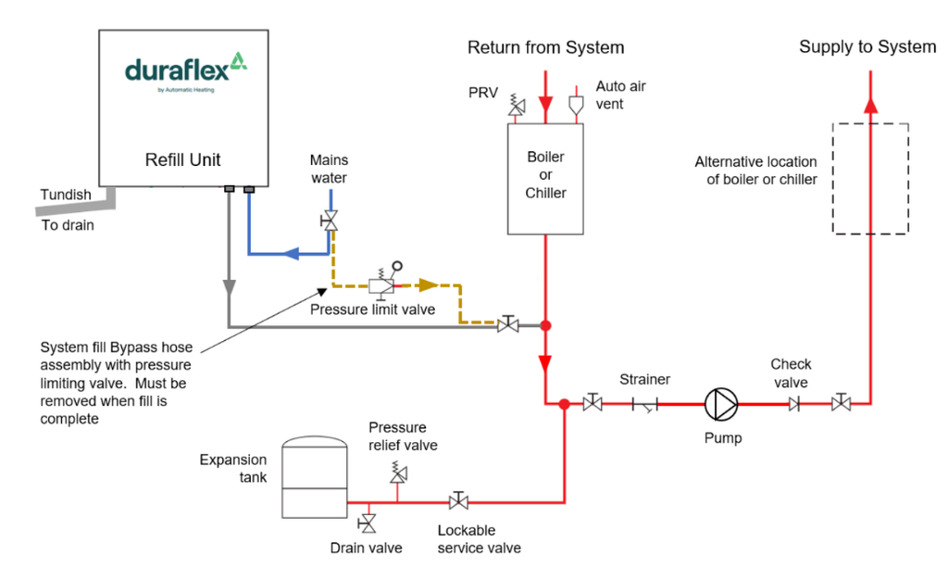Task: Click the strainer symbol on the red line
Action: click(x=645, y=404)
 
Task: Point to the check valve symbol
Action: click(x=793, y=404)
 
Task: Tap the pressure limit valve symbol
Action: click(x=382, y=284)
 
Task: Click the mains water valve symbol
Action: click(x=331, y=221)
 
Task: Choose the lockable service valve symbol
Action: click(x=457, y=501)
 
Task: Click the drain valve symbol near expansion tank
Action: click(x=368, y=524)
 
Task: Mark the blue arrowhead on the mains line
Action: click(x=292, y=252)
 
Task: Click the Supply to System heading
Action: click(x=867, y=47)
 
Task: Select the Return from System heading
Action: click(x=545, y=47)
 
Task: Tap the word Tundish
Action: click(x=66, y=195)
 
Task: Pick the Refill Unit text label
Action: click(x=183, y=159)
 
